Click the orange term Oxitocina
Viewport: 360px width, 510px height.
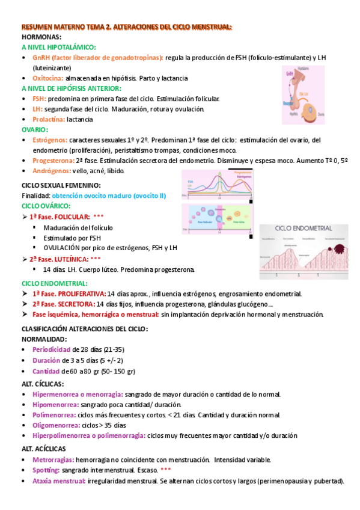pyautogui.click(x=48, y=78)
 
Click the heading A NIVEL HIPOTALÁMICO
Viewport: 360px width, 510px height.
pyautogui.click(x=58, y=47)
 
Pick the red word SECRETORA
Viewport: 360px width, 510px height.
pyautogui.click(x=76, y=304)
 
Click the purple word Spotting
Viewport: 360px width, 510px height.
pyautogui.click(x=46, y=470)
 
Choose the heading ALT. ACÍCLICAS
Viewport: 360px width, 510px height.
pyautogui.click(x=44, y=449)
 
